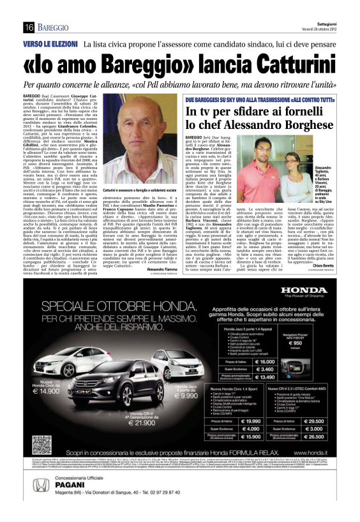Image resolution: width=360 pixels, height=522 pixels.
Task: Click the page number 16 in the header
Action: (29, 26)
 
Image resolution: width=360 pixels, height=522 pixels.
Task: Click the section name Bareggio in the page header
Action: (54, 26)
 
